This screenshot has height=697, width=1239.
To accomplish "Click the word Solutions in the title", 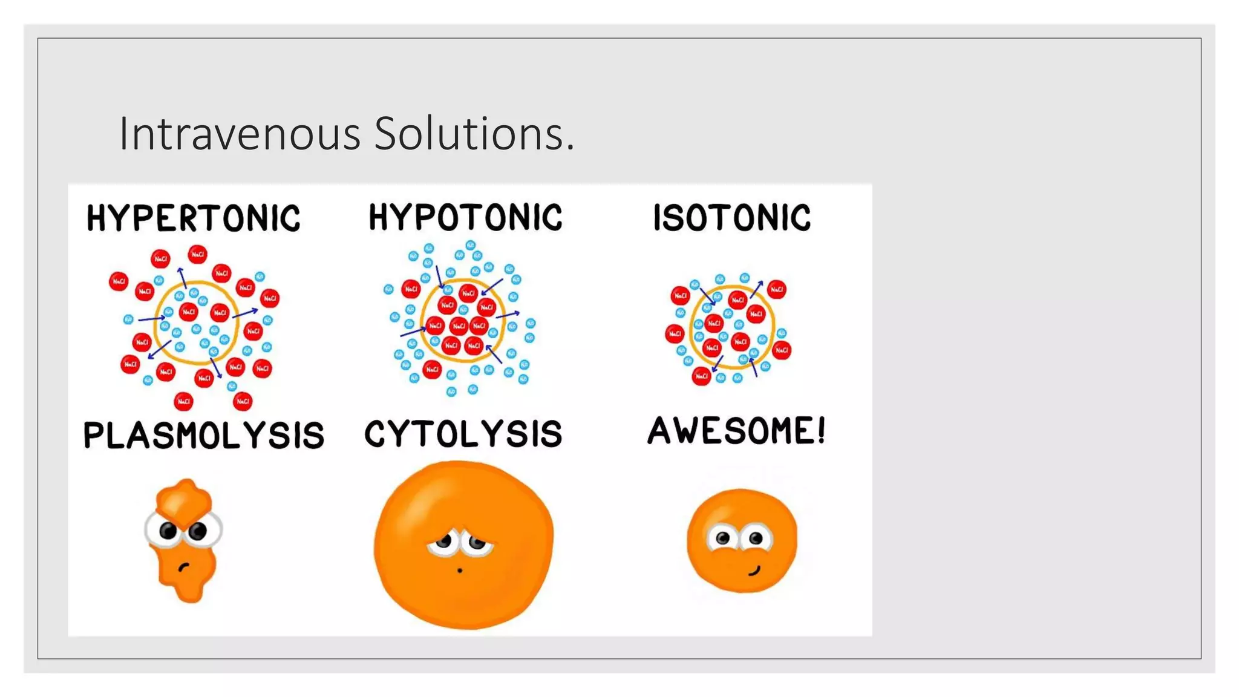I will tap(469, 134).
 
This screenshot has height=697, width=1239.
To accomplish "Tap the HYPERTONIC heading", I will tap(193, 218).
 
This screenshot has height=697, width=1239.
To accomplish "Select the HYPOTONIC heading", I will tap(465, 217).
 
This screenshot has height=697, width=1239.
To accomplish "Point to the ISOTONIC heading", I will tap(732, 218).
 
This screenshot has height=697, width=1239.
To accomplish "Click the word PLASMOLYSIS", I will tap(203, 435).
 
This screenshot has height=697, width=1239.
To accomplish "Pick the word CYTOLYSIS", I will tap(463, 434).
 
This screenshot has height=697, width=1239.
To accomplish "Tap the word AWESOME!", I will tap(736, 431).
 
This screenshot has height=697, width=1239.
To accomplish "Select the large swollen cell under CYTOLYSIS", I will tap(463, 545).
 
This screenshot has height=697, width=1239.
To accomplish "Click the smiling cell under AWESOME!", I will tap(742, 540).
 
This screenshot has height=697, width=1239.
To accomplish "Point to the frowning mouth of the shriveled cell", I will tap(183, 567).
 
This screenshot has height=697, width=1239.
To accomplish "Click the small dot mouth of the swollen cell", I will tap(460, 571).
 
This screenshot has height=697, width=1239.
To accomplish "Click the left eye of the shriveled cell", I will tap(168, 531).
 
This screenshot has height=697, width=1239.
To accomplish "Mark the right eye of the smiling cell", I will tap(756, 538).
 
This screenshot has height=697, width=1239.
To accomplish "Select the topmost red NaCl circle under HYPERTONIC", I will tap(197, 254).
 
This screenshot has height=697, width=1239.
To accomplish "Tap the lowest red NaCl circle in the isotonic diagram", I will tap(701, 376).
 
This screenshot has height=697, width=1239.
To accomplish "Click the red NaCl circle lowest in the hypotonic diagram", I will tap(432, 368).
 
